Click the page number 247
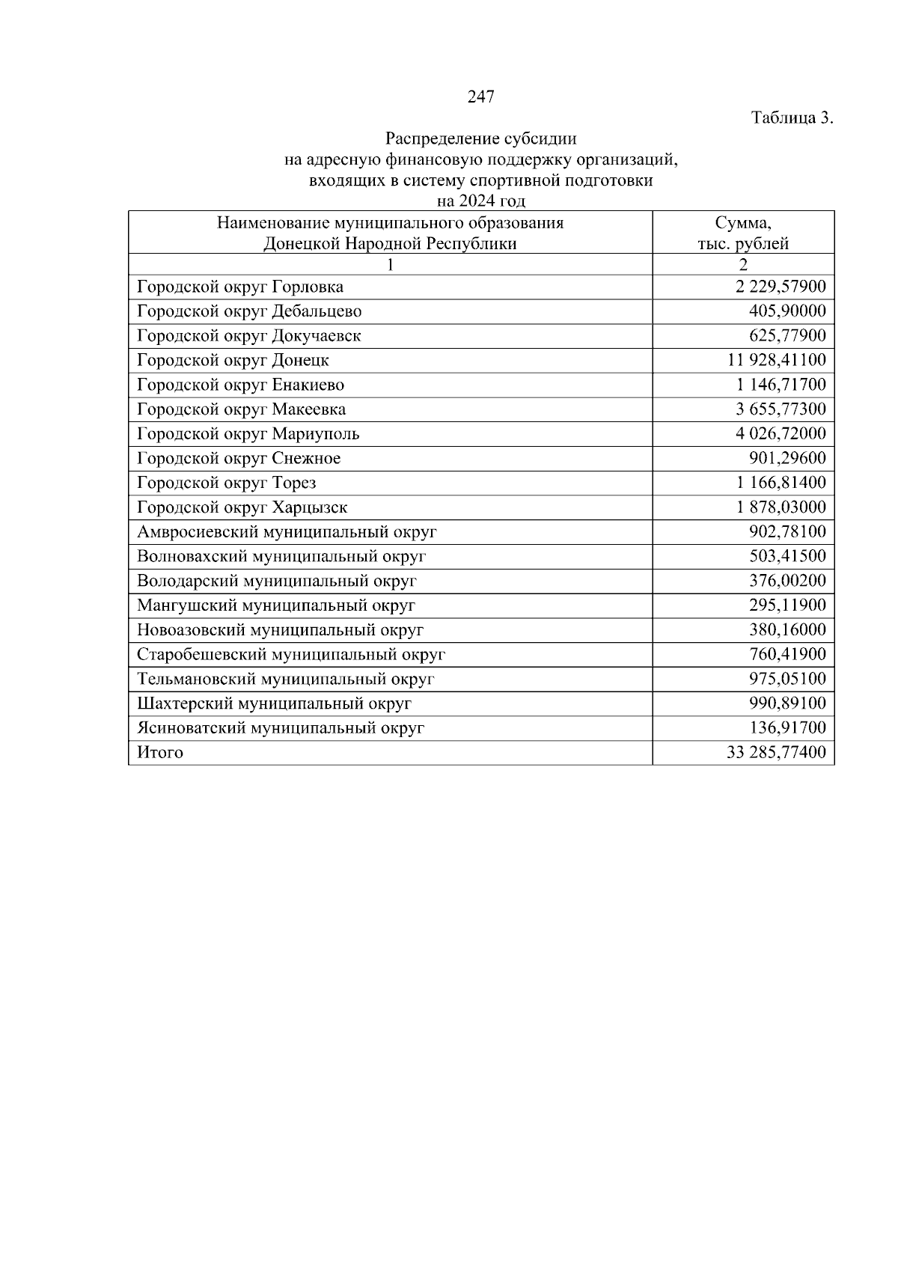tap(481, 97)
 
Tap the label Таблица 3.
tap(792, 118)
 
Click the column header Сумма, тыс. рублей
tap(743, 233)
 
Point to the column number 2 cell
tap(743, 264)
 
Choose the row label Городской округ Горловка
tap(240, 287)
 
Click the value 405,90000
tap(787, 311)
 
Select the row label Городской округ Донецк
tap(233, 360)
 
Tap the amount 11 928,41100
tap(777, 360)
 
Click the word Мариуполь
tap(316, 434)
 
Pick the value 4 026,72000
tap(781, 434)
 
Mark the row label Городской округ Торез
tap(226, 483)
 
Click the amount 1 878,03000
tap(781, 507)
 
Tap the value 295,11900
tap(787, 605)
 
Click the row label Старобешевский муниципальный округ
tap(291, 655)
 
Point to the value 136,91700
tap(787, 728)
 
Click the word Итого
tap(160, 753)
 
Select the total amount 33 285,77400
tap(777, 753)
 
